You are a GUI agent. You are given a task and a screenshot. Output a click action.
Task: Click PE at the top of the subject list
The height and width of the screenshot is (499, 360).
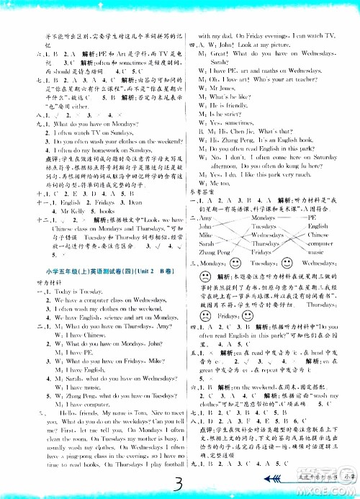point(312,217)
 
